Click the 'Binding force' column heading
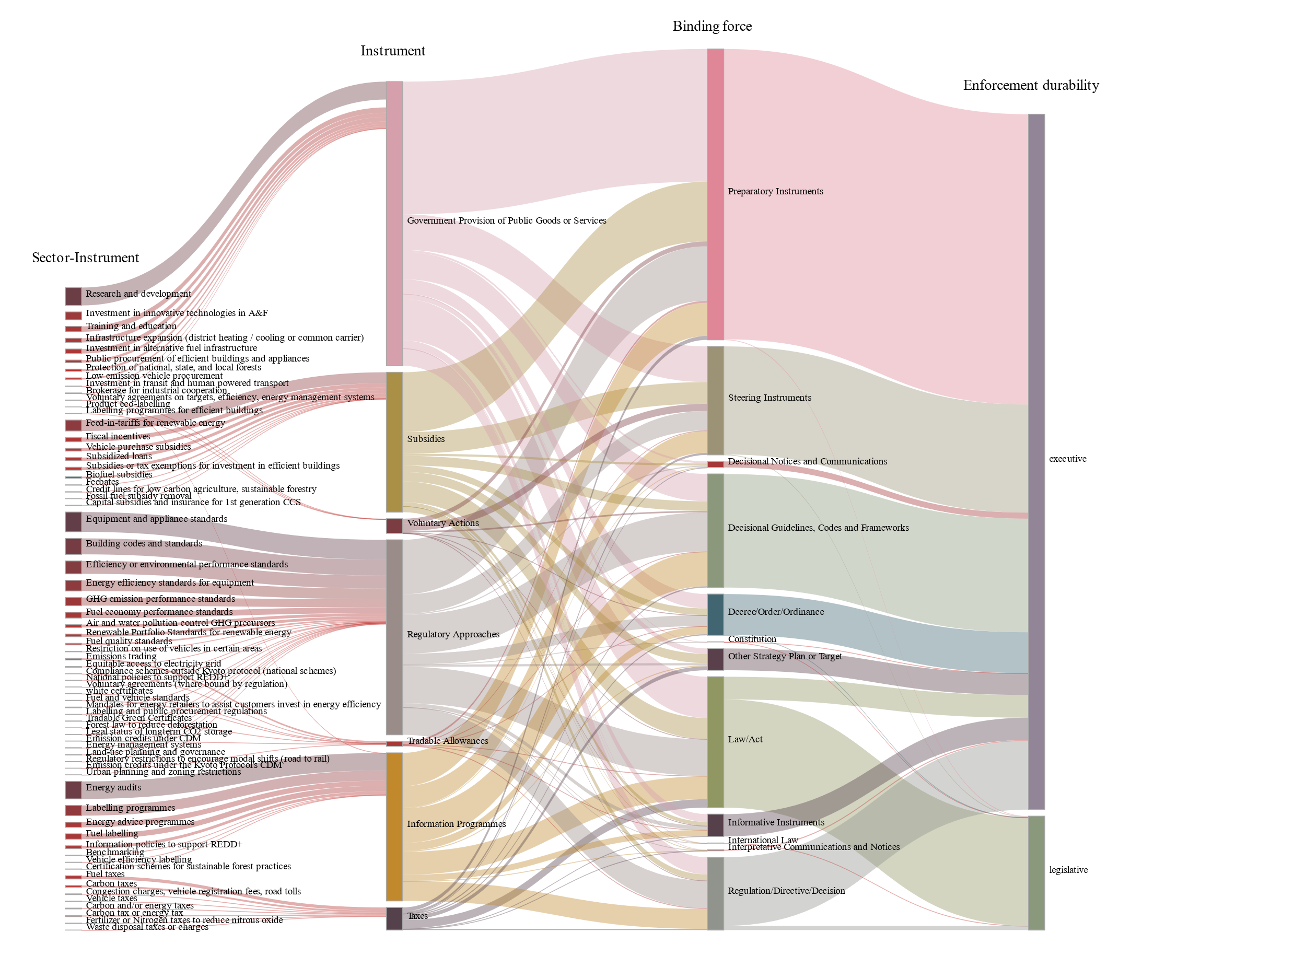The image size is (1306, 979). point(712,27)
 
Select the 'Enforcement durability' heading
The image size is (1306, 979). point(1030,86)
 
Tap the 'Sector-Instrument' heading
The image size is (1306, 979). point(85,258)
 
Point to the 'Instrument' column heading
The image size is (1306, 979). point(393,51)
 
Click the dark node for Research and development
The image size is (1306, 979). point(73,296)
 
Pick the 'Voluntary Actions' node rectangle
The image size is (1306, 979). point(394,526)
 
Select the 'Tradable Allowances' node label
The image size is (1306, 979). point(447,741)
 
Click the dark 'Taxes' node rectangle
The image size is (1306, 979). point(394,918)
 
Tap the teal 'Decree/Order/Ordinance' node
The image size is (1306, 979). point(715,615)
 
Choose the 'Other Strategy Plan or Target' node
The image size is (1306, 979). point(715,659)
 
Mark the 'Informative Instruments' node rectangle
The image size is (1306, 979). point(715,825)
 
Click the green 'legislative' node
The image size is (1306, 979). point(1036,873)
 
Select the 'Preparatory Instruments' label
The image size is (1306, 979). point(775,191)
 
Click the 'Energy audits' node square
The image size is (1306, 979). point(73,789)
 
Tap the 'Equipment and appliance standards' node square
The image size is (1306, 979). point(73,522)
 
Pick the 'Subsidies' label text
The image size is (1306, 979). point(426,439)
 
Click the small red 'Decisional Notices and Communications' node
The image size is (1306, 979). point(715,464)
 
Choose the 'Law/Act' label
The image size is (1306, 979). point(745,739)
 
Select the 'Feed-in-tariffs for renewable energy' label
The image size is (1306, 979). point(155,423)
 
